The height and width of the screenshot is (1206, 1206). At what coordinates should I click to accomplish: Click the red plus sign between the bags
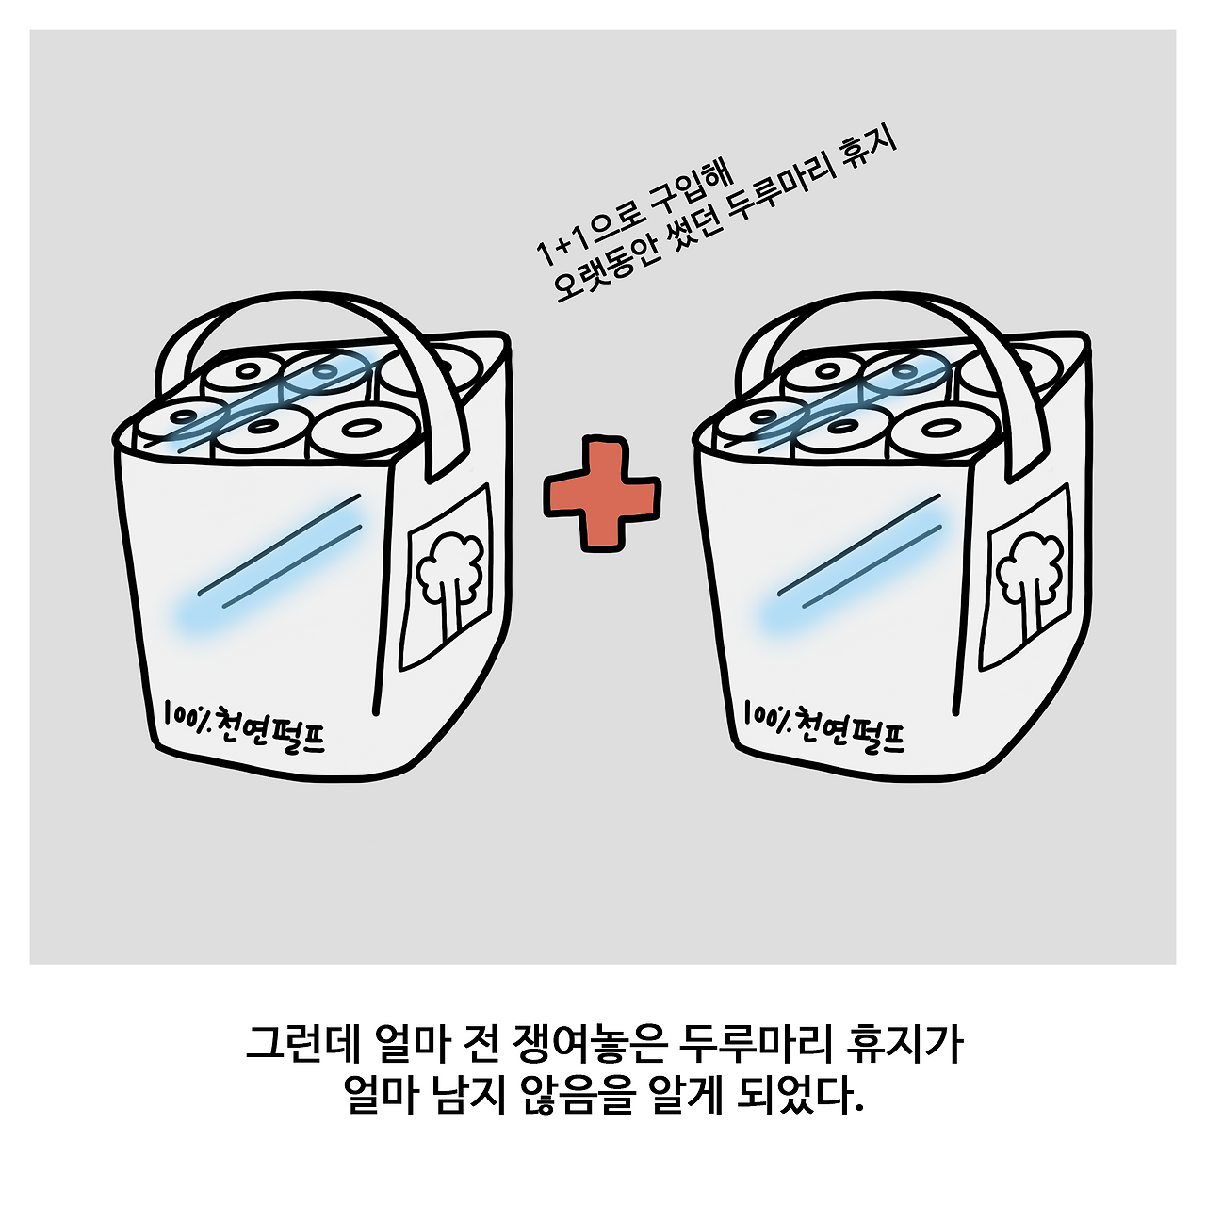[601, 494]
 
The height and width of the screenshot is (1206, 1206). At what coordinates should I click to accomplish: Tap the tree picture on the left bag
[450, 579]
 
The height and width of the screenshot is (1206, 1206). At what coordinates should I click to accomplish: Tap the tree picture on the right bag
[1030, 579]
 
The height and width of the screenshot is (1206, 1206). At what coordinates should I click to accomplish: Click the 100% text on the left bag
[187, 715]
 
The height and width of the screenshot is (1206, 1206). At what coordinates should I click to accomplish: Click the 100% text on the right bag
[766, 715]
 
